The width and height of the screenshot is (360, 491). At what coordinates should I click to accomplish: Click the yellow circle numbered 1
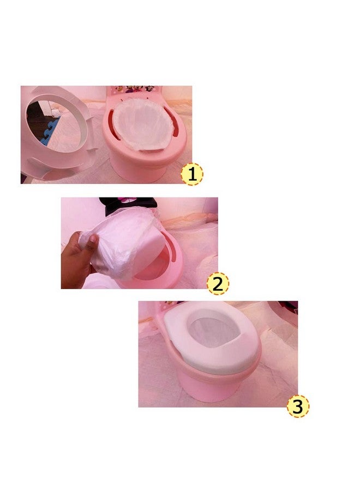tap(192, 174)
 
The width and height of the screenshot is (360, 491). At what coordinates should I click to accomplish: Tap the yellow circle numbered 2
tap(218, 283)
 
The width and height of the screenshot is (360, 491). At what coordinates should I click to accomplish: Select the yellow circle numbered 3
tap(298, 406)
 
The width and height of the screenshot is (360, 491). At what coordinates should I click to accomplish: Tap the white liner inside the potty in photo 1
tap(143, 124)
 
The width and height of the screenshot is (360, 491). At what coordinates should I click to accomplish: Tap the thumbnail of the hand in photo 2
tap(93, 239)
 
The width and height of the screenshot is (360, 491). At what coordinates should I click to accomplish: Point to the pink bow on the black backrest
tap(127, 200)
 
